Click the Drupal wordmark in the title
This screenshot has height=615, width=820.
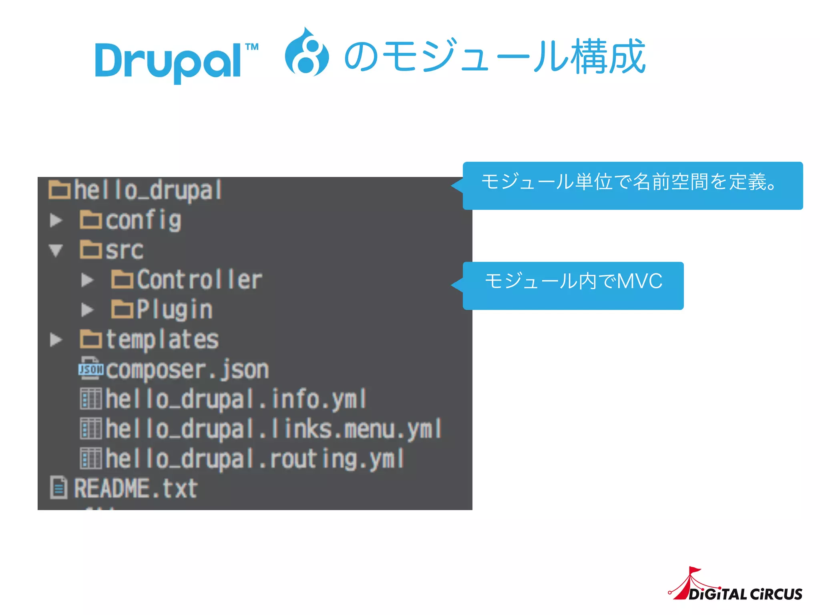168,61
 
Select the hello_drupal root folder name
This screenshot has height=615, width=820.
147,190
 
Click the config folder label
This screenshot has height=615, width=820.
143,220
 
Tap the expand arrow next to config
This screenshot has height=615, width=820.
56,220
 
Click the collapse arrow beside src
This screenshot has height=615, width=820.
56,250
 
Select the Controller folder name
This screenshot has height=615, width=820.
199,279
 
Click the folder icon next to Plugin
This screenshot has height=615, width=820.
122,309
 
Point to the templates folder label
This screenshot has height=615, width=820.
162,340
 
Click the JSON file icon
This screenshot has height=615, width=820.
91,368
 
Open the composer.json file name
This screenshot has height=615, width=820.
187,370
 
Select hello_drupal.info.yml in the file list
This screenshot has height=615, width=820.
235,399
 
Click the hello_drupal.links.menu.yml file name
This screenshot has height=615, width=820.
273,429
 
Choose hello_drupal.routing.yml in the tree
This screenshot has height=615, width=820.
255,459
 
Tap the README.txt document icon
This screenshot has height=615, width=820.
58,488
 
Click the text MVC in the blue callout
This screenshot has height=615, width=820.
639,281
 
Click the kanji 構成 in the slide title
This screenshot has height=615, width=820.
608,57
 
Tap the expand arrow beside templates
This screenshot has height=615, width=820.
56,340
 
